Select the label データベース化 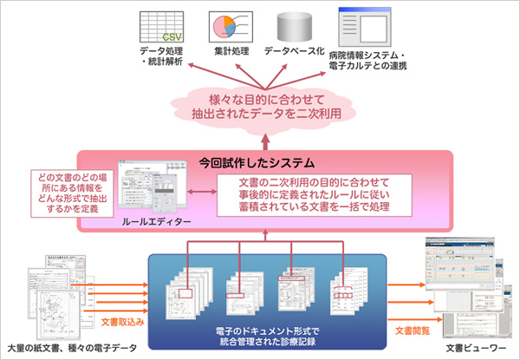pos(293,53)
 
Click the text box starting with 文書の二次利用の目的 pos(313,194)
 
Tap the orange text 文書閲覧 pos(412,331)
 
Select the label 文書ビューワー pos(472,347)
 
